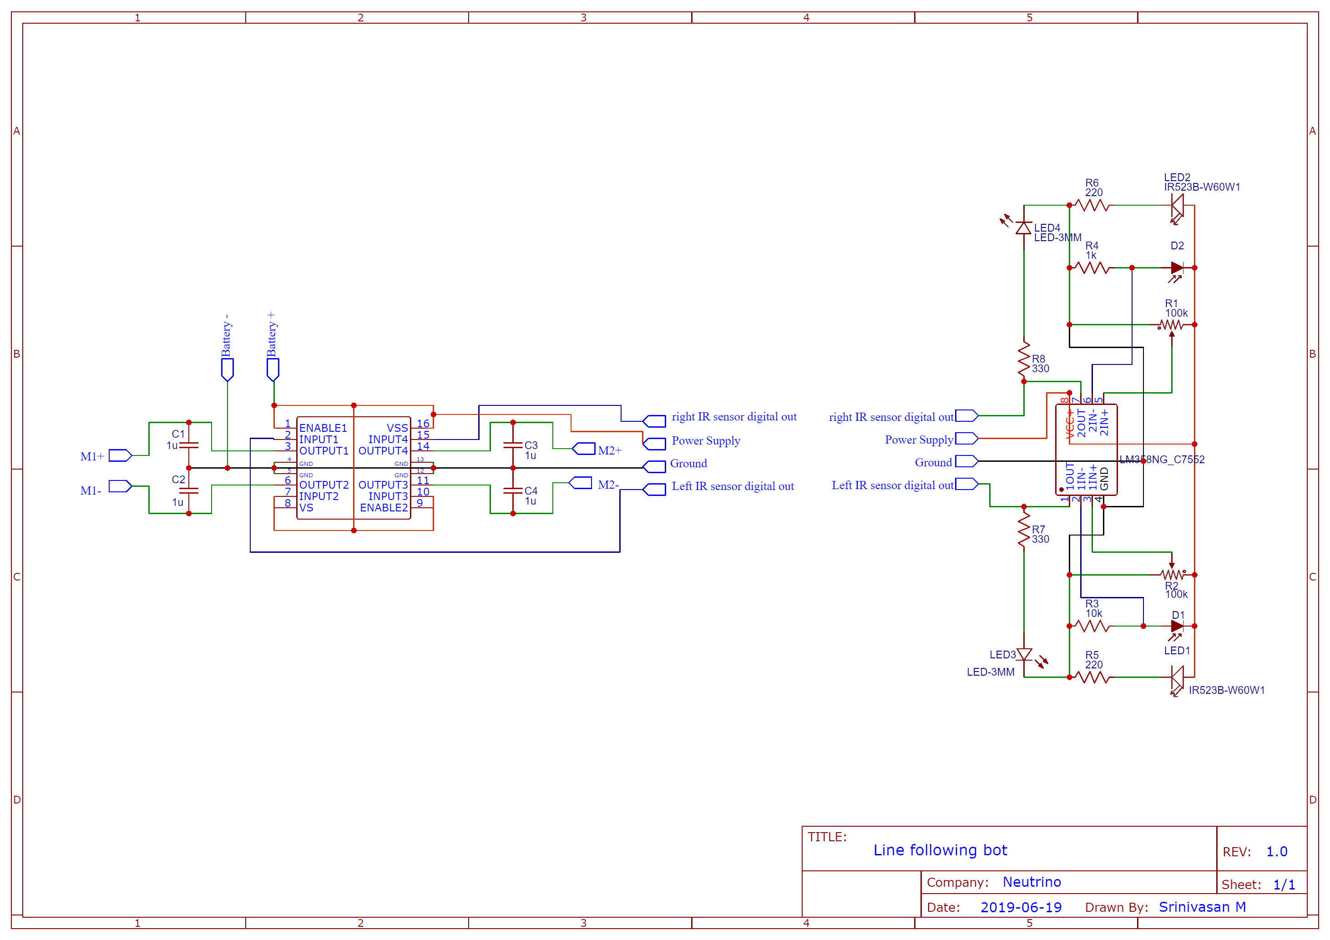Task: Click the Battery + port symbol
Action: coord(273,369)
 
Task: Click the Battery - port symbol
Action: coord(227,369)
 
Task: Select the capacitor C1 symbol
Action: coord(189,445)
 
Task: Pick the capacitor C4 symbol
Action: coord(513,490)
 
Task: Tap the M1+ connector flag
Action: coord(120,455)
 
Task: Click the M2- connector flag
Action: coord(581,482)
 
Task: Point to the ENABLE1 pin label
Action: coord(323,428)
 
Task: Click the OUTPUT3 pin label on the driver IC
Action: coord(383,485)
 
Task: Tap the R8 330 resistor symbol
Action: coord(1024,359)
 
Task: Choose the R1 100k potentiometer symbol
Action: coord(1171,325)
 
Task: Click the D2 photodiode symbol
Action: coord(1177,268)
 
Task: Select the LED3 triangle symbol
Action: coord(1024,654)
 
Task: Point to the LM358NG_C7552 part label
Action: coord(1162,459)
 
